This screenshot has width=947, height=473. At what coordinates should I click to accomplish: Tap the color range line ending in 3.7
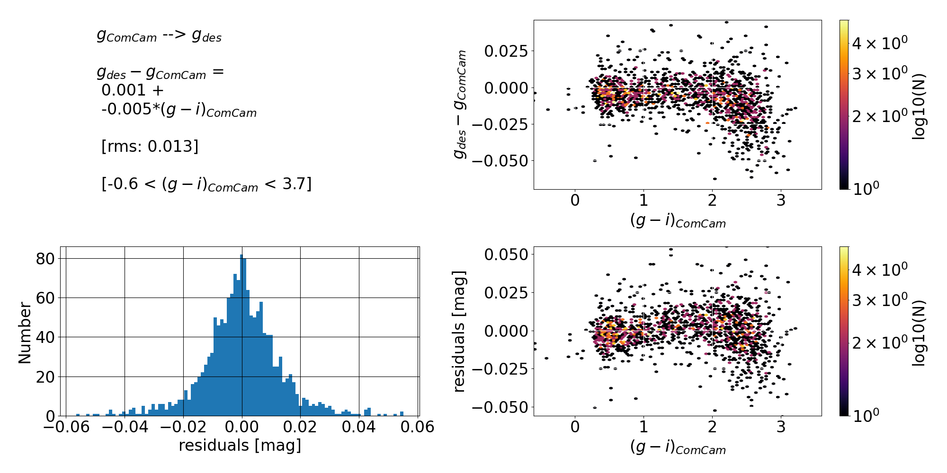coord(206,184)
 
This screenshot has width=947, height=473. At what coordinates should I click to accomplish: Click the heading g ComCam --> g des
coord(159,35)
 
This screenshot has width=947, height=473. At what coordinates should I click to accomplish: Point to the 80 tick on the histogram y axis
coord(45,259)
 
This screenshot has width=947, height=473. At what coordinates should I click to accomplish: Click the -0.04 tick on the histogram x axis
coord(125,427)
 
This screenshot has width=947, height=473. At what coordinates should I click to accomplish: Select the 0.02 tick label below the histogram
coord(300,427)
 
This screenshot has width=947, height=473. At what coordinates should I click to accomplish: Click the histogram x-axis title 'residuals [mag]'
coord(240,446)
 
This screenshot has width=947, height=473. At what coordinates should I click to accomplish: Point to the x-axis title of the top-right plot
coord(678,220)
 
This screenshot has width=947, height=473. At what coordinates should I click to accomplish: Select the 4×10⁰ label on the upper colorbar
coord(880,44)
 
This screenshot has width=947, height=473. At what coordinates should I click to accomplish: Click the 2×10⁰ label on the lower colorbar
coord(880,342)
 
